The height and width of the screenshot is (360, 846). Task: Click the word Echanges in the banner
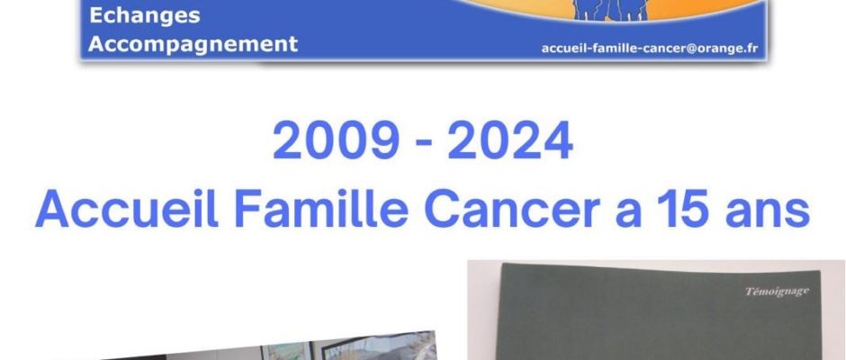pyautogui.click(x=145, y=16)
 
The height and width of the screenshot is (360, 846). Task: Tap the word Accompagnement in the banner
pyautogui.click(x=193, y=45)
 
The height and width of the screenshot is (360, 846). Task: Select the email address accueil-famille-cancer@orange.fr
pyautogui.click(x=650, y=49)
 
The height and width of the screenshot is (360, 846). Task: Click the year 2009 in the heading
pyautogui.click(x=336, y=140)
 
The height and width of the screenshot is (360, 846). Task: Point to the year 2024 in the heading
pyautogui.click(x=510, y=140)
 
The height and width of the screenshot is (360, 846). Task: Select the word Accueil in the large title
pyautogui.click(x=127, y=209)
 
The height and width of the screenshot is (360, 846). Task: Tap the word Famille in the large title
pyautogui.click(x=321, y=209)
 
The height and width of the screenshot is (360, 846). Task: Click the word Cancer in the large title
pyautogui.click(x=512, y=209)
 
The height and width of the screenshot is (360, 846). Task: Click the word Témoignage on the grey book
pyautogui.click(x=777, y=292)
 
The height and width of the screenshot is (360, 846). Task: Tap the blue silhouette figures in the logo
pyautogui.click(x=611, y=10)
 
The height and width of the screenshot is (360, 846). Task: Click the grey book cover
pyautogui.click(x=658, y=312)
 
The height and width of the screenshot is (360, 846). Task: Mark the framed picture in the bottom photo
pyautogui.click(x=379, y=346)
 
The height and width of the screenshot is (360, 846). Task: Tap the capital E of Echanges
pyautogui.click(x=96, y=15)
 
